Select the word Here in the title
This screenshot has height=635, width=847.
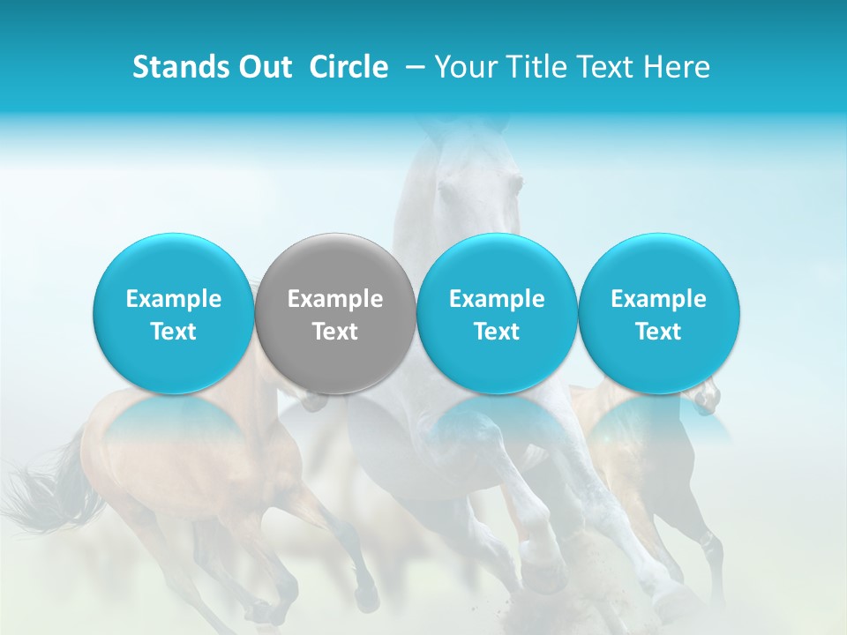[x=678, y=67]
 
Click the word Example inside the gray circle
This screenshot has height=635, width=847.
[x=335, y=300]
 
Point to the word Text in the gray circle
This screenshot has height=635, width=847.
[x=335, y=332]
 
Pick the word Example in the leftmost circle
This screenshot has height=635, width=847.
[x=173, y=300]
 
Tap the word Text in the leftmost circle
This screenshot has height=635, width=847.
[x=173, y=332]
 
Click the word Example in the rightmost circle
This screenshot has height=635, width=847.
[x=658, y=300]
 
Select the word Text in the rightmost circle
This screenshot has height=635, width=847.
[x=658, y=332]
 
